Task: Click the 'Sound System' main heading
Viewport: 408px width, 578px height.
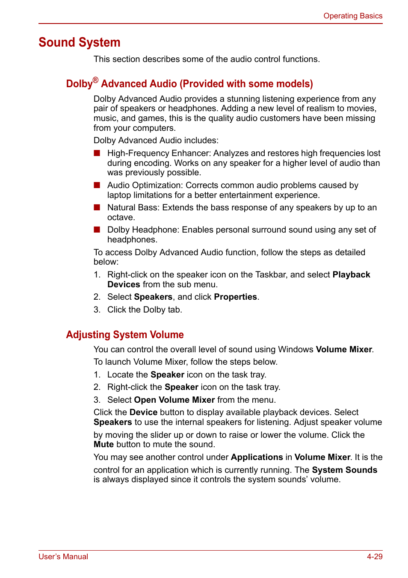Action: pyautogui.click(x=80, y=42)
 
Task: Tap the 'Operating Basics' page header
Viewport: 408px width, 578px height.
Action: pyautogui.click(x=353, y=16)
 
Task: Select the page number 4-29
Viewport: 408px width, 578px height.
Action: pyautogui.click(x=374, y=557)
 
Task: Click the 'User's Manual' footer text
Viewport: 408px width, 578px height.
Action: pyautogui.click(x=63, y=557)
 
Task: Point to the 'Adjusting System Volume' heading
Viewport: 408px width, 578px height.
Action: pyautogui.click(x=125, y=335)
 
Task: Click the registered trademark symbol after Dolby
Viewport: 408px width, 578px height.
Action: pyautogui.click(x=95, y=80)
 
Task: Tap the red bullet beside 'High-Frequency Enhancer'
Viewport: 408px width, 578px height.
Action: pyautogui.click(x=97, y=153)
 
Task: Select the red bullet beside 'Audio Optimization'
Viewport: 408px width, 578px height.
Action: pyautogui.click(x=97, y=185)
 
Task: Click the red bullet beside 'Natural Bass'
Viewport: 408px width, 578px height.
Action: pyautogui.click(x=97, y=207)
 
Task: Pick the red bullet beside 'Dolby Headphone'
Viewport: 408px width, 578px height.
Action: pyautogui.click(x=97, y=230)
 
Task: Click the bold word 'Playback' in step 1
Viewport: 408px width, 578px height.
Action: pyautogui.click(x=351, y=274)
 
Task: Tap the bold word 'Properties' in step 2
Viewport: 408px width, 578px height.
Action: pyautogui.click(x=235, y=297)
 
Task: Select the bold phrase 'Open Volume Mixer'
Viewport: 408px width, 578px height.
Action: pyautogui.click(x=174, y=400)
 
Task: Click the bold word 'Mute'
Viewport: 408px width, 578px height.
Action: pyautogui.click(x=103, y=444)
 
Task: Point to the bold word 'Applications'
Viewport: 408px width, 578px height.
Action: pyautogui.click(x=257, y=457)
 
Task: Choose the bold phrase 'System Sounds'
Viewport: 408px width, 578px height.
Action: pyautogui.click(x=344, y=470)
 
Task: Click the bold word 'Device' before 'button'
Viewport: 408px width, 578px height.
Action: pyautogui.click(x=143, y=412)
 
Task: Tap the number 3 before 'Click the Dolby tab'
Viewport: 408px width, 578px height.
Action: pyautogui.click(x=97, y=310)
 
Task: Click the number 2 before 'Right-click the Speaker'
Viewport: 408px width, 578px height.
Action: pyautogui.click(x=97, y=387)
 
